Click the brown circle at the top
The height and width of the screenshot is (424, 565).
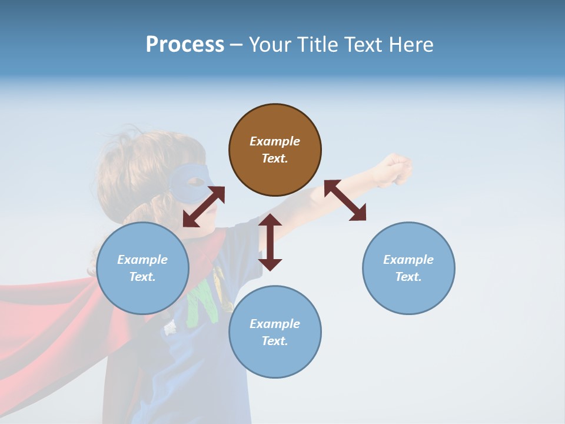click(x=275, y=150)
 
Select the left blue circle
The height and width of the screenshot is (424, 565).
click(x=142, y=268)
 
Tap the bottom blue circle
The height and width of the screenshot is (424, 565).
click(x=275, y=332)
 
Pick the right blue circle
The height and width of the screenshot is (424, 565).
click(x=408, y=268)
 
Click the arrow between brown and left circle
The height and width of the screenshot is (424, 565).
click(x=204, y=207)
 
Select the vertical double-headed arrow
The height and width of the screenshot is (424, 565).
click(x=270, y=242)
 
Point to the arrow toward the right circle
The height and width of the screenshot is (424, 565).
click(x=345, y=200)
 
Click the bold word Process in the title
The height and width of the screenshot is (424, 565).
click(x=185, y=45)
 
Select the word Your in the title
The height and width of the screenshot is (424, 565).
click(x=270, y=45)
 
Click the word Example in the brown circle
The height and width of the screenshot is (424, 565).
click(x=275, y=141)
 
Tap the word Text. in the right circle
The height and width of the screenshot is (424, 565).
click(x=408, y=277)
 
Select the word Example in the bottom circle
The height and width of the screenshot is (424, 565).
click(x=275, y=323)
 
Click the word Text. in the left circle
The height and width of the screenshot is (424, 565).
click(x=142, y=277)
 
